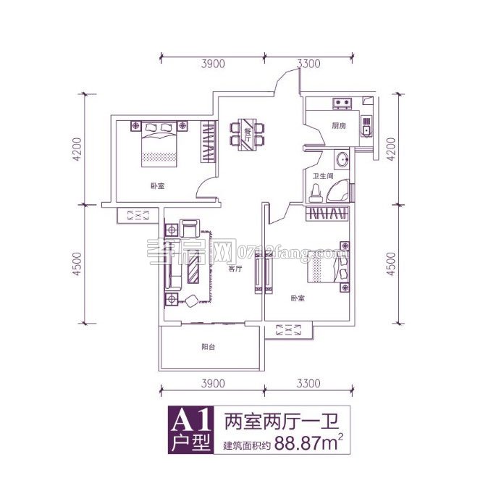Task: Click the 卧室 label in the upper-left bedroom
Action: pos(157,186)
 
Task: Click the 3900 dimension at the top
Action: pos(213,64)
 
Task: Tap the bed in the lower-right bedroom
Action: pos(328,272)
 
